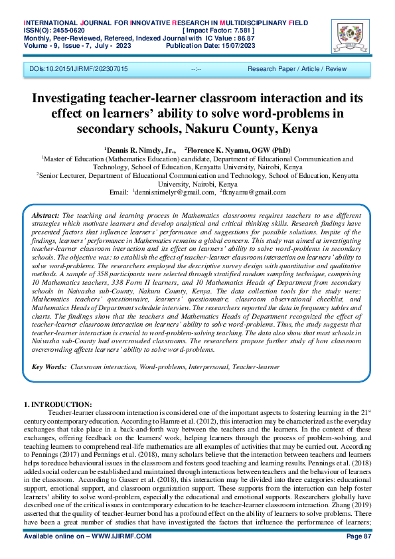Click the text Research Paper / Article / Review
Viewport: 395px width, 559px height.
pyautogui.click(x=297, y=69)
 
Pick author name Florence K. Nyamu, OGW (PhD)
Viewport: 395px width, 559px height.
pyautogui.click(x=240, y=151)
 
